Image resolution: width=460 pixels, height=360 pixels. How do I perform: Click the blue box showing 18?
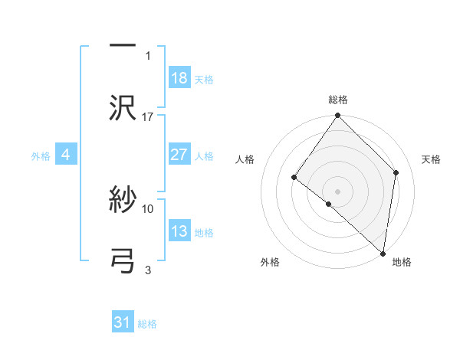point(179,78)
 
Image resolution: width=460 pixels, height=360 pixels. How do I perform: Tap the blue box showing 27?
point(179,155)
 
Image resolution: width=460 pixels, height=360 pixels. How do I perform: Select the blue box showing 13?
point(179,231)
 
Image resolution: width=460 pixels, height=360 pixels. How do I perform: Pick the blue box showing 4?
point(66,155)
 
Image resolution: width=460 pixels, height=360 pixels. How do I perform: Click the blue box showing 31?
point(123,322)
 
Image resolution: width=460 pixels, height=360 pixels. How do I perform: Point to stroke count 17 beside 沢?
point(148,117)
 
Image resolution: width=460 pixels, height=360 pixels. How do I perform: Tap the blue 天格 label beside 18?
point(204,80)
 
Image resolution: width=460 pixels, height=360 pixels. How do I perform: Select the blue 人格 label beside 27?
point(204,156)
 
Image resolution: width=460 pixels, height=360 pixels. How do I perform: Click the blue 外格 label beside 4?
point(41,156)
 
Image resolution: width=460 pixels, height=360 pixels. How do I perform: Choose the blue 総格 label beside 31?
point(147,324)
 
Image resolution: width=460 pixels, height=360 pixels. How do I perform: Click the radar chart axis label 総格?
point(338,100)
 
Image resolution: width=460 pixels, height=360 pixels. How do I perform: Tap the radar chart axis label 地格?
point(402,262)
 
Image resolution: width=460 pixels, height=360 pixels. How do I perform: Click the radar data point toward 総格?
point(338,116)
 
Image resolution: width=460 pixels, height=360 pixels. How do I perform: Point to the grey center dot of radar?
point(338,191)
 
